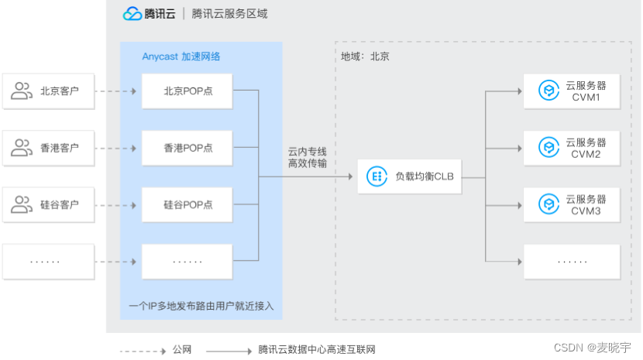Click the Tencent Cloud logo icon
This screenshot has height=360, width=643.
click(132, 13)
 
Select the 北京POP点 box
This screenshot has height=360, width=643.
click(187, 91)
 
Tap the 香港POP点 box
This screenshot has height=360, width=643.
click(187, 148)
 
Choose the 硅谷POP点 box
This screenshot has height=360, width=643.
click(187, 204)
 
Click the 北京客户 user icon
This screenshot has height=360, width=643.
click(22, 91)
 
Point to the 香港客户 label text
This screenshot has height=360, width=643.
click(60, 148)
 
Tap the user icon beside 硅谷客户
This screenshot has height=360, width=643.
click(22, 204)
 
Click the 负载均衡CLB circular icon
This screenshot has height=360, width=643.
click(377, 177)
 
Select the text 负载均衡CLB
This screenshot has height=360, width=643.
click(425, 177)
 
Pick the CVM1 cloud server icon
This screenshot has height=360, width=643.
click(548, 91)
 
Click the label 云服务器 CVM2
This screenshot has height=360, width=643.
click(586, 149)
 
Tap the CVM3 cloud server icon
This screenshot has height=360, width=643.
click(548, 204)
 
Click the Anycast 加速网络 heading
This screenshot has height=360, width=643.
click(181, 57)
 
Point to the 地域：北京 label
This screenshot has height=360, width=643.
click(365, 57)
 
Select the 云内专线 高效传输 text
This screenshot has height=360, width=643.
click(307, 157)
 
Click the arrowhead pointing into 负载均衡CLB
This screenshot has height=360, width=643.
click(350, 177)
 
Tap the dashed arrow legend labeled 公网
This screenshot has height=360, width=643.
click(143, 351)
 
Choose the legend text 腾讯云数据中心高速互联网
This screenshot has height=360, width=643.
click(317, 350)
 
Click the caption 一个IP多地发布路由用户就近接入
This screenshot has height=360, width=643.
click(201, 306)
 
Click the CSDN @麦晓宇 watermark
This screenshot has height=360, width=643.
click(592, 348)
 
